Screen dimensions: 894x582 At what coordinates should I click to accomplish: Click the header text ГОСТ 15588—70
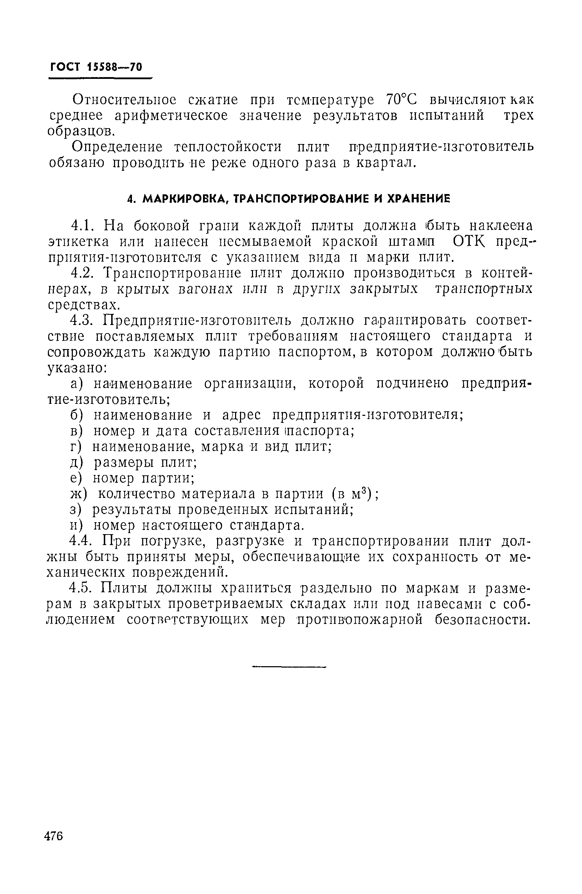pos(96,67)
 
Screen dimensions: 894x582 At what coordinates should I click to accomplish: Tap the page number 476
pos(54,836)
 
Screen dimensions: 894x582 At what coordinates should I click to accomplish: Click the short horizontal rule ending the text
pos(289,667)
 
